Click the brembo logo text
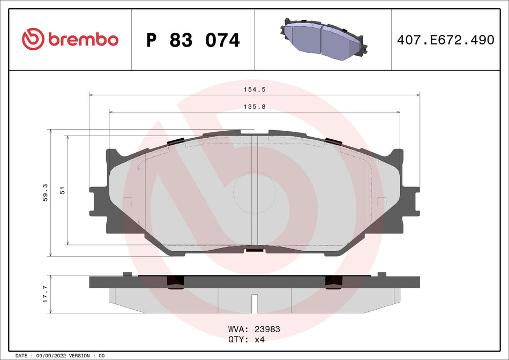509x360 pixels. click(83, 40)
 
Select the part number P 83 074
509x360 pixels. click(193, 40)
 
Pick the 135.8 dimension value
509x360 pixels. click(254, 107)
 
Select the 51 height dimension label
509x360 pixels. click(62, 190)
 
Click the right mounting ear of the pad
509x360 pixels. click(410, 201)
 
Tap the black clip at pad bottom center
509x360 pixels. click(254, 249)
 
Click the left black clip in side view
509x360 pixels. click(175, 283)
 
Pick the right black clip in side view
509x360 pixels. click(333, 283)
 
